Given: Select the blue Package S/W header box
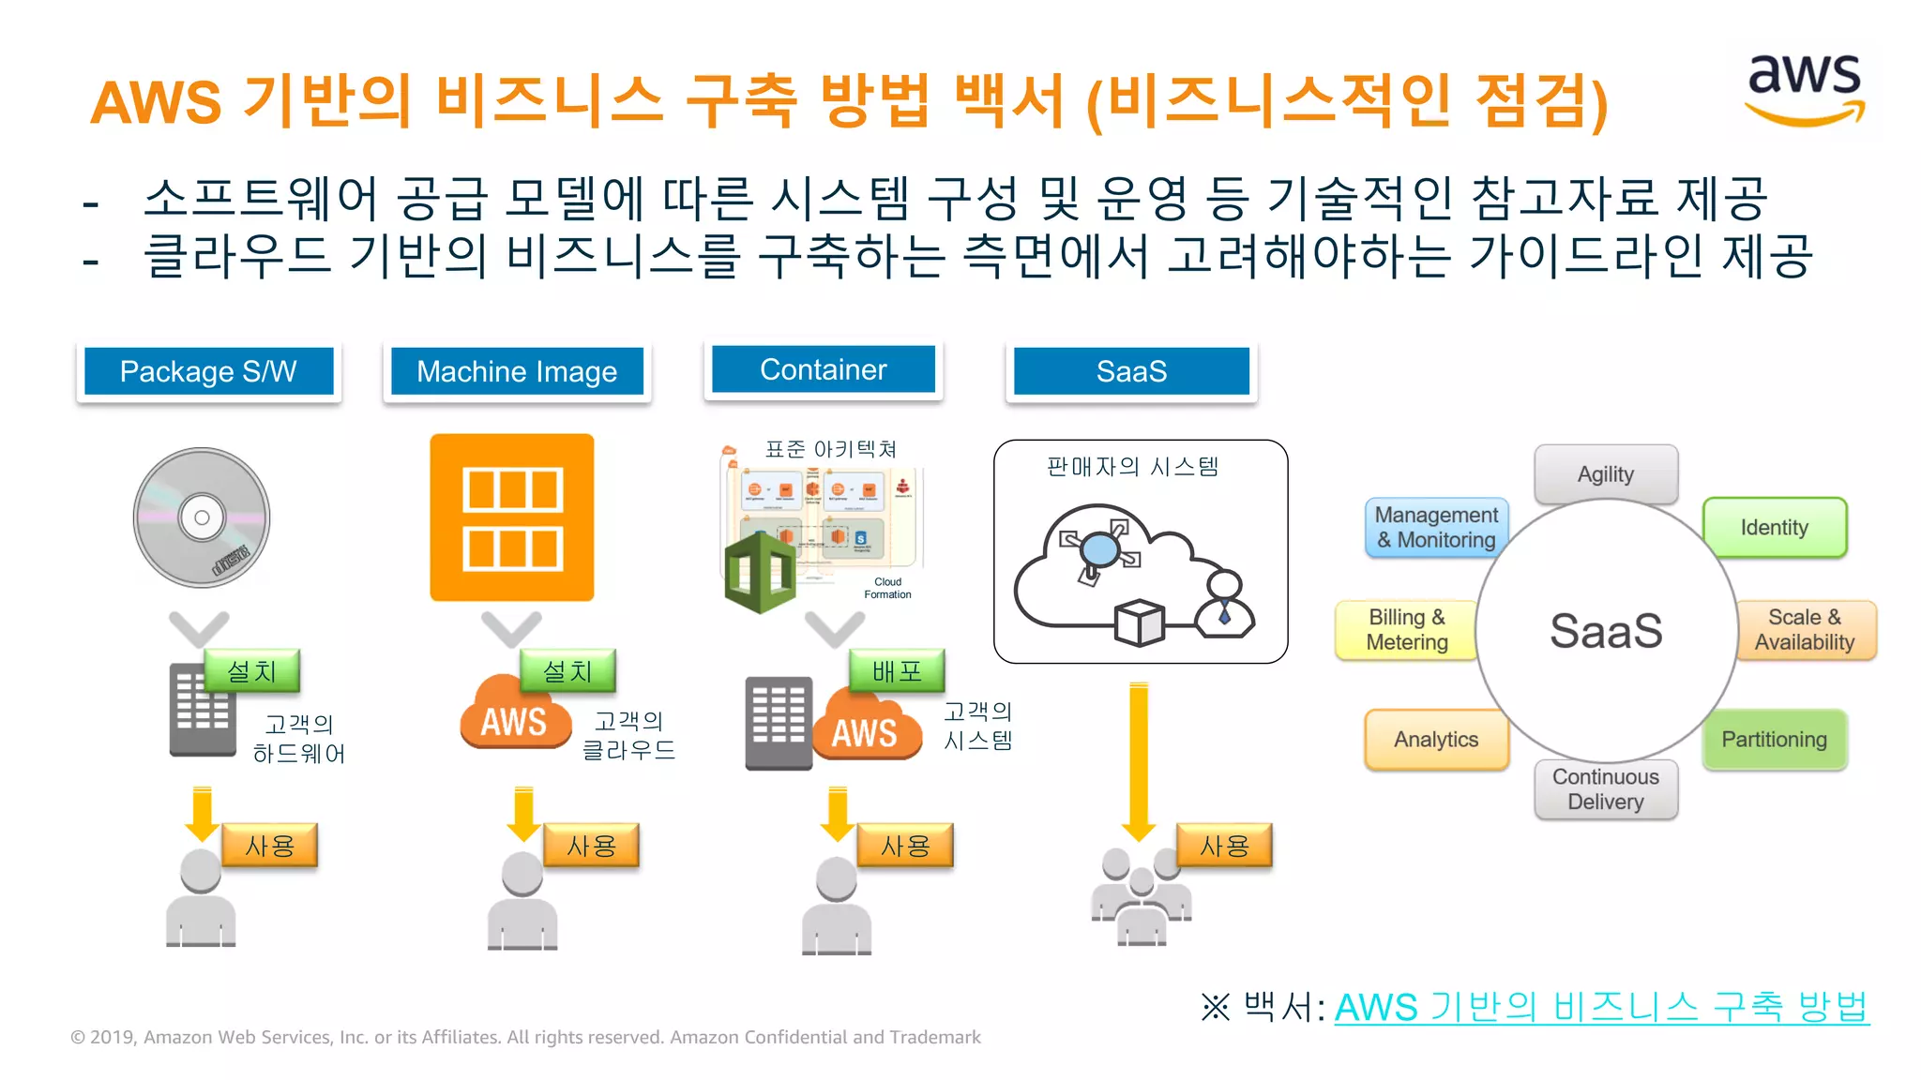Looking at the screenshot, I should tap(208, 371).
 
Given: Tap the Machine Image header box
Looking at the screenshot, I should tap(517, 371).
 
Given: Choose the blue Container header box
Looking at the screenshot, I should tap(823, 369).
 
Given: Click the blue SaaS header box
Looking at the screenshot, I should tap(1131, 371).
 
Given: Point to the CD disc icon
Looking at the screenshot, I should tap(202, 517).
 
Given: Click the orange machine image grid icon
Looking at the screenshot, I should tap(512, 517).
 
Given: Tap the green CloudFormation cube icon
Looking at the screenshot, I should tap(761, 571).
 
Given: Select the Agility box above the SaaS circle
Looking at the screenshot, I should tap(1606, 473).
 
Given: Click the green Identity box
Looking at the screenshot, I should tap(1774, 527).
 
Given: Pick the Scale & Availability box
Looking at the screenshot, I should tap(1805, 629).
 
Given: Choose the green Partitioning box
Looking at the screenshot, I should tap(1774, 739).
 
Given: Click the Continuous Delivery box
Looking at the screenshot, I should tap(1606, 789).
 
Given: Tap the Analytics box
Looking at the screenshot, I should tap(1436, 739).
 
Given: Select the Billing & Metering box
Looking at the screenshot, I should tap(1406, 629).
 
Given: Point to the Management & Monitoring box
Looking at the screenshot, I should tap(1436, 527).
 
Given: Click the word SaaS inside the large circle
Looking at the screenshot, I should tap(1606, 630).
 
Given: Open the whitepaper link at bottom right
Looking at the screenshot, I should tap(1601, 1008).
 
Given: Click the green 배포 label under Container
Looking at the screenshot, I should tap(897, 671).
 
